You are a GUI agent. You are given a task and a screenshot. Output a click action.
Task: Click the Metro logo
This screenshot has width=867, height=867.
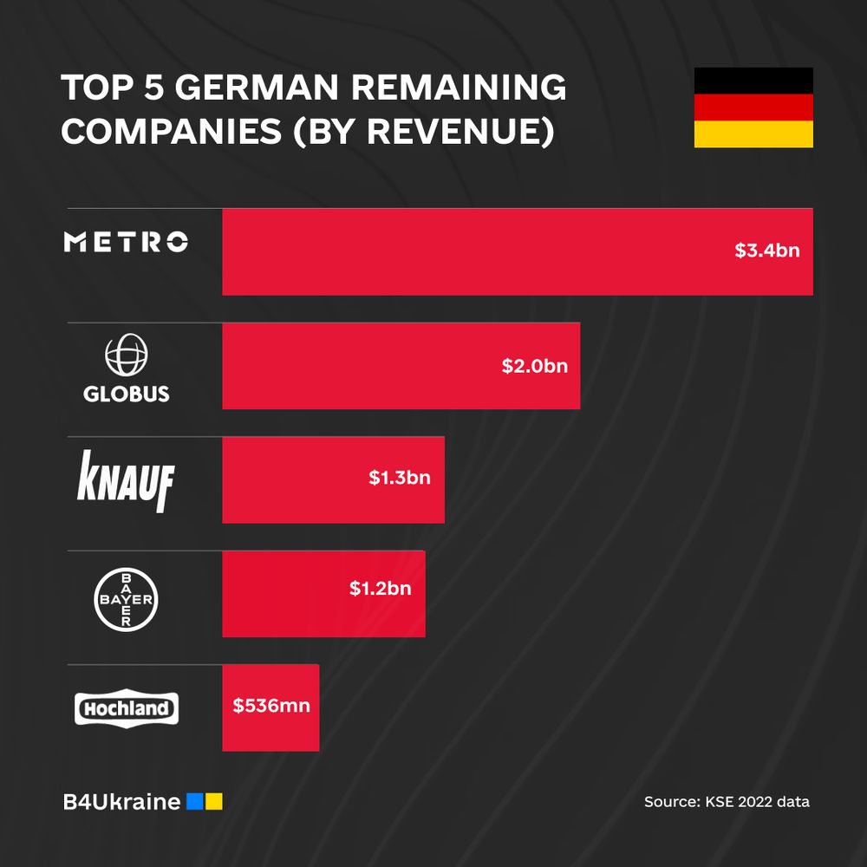[x=126, y=242]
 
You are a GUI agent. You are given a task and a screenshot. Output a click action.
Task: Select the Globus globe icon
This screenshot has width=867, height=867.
[x=127, y=356]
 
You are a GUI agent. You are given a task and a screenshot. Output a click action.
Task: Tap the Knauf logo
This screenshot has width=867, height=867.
[x=126, y=480]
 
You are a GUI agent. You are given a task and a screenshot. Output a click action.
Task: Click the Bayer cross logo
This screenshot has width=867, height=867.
[x=127, y=600]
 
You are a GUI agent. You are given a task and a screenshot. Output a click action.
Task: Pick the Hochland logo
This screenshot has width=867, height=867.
[x=127, y=710]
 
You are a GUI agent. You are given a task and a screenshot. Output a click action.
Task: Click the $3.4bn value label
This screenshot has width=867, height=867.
[x=766, y=251]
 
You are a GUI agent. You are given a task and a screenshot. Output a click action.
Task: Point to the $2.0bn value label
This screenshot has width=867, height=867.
[x=534, y=366]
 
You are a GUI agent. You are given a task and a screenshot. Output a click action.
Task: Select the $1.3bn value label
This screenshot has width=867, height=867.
[x=399, y=478]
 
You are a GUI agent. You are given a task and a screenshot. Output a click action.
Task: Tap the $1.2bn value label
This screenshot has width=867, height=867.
[x=380, y=589]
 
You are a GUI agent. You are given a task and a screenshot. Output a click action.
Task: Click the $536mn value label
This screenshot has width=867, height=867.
[x=271, y=705]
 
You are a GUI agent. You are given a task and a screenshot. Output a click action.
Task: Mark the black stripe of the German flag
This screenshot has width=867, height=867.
[x=753, y=81]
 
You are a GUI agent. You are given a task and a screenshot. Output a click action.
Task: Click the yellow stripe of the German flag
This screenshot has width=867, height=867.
[x=753, y=134]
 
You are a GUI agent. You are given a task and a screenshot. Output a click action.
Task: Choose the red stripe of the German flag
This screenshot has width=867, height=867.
[x=753, y=108]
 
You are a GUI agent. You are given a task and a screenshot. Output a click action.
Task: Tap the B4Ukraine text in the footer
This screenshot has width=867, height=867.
[x=121, y=802]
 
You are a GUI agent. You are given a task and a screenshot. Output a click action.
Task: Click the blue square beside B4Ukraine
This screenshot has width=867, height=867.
[x=195, y=802]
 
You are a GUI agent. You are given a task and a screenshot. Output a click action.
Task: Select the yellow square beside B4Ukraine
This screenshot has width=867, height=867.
[x=214, y=802]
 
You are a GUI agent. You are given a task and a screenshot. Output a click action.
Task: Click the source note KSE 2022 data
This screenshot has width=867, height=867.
[x=727, y=802]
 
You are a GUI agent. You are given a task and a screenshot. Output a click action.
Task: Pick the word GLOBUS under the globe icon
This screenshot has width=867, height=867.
[x=127, y=394]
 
